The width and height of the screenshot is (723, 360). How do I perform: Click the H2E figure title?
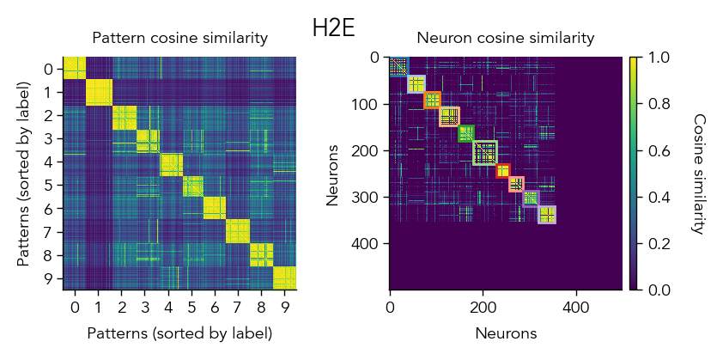[333, 27]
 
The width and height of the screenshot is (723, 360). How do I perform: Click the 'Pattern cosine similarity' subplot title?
[180, 38]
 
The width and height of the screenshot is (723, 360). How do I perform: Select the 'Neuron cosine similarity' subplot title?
[505, 38]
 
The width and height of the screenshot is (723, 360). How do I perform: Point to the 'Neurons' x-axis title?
[505, 333]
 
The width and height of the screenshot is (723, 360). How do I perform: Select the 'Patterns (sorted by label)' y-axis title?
[23, 174]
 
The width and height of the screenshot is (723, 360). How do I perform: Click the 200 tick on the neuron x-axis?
[483, 307]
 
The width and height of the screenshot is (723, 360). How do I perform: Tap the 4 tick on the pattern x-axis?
[167, 307]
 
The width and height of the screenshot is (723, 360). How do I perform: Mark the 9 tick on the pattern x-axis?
[284, 307]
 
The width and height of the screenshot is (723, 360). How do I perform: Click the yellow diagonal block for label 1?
[98, 91]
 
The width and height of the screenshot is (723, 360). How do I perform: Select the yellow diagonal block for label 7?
[238, 231]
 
